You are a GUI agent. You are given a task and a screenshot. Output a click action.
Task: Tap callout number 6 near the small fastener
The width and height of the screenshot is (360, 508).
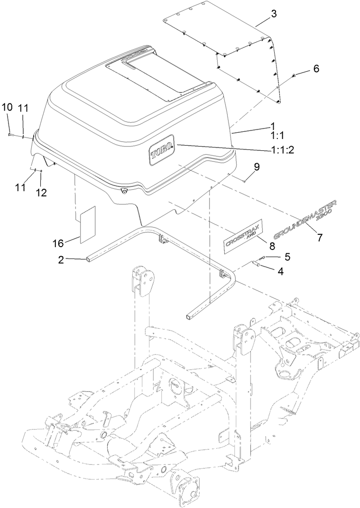pyautogui.click(x=315, y=69)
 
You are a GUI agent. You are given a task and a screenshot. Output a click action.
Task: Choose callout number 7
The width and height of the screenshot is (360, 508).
pyautogui.click(x=320, y=238)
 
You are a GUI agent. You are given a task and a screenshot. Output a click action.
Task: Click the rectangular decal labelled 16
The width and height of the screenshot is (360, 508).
pyautogui.click(x=87, y=224)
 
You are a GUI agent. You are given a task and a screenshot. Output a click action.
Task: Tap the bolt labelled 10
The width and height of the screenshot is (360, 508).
pyautogui.click(x=10, y=135)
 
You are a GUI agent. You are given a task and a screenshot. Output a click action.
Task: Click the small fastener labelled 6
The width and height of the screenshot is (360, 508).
pyautogui.click(x=294, y=75)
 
